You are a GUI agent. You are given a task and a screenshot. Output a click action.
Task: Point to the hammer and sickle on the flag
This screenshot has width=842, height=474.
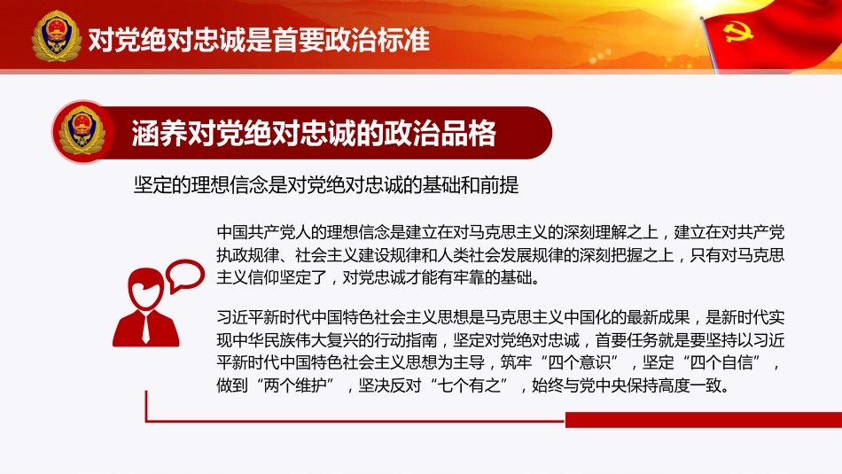pyautogui.click(x=734, y=33)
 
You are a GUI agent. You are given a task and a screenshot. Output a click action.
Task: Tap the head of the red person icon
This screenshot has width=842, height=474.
pyautogui.click(x=146, y=284)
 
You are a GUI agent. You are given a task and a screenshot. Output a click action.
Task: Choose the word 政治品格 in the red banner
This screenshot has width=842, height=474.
pyautogui.click(x=457, y=133)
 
